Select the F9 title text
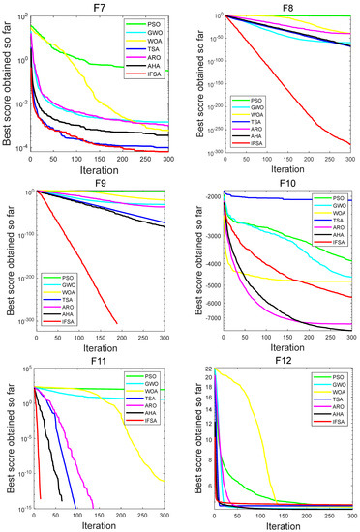94,182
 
